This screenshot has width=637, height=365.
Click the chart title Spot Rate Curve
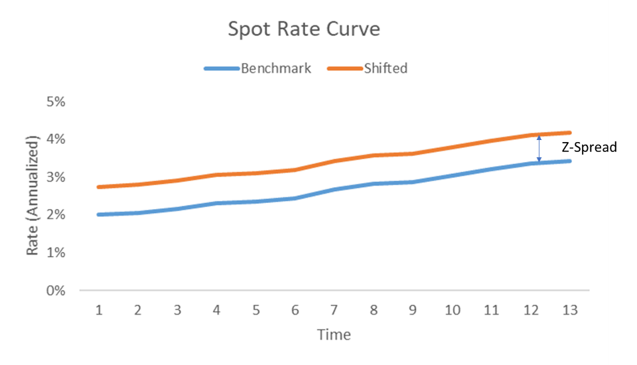(305, 30)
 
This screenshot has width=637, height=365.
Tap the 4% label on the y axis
(56, 139)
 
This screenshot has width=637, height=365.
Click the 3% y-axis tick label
(56, 177)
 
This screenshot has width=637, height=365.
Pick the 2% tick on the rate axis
(56, 215)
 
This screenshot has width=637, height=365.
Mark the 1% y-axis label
(56, 253)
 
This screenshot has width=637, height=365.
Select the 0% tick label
(56, 291)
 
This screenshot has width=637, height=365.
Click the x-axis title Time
(334, 334)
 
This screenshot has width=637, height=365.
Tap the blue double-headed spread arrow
(539, 149)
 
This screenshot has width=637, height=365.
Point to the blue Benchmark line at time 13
(569, 161)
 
